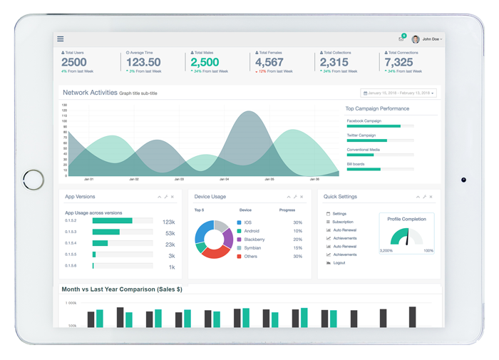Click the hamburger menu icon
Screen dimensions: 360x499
(61, 39)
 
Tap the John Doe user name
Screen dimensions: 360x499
(431, 39)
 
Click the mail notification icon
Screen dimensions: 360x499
(401, 39)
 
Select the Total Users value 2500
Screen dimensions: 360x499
(74, 63)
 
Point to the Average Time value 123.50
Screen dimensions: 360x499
(143, 63)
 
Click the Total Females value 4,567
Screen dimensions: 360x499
(269, 63)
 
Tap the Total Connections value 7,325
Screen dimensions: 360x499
(398, 63)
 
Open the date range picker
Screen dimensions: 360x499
(398, 93)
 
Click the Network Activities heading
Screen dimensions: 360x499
(90, 93)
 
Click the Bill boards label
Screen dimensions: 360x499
(356, 164)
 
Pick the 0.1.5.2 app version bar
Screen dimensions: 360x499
(122, 221)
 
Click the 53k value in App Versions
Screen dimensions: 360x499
(170, 233)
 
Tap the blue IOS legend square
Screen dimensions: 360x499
(240, 223)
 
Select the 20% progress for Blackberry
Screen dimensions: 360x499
(297, 240)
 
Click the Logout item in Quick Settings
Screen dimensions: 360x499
(339, 263)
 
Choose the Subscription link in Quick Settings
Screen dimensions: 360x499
(342, 222)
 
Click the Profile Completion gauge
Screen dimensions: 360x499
(406, 237)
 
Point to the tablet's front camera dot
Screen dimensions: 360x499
(463, 180)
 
